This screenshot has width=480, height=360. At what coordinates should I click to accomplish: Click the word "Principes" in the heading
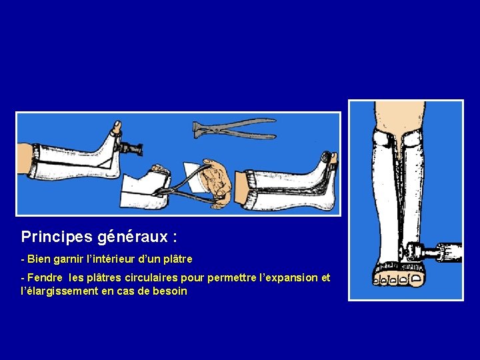pyautogui.click(x=57, y=237)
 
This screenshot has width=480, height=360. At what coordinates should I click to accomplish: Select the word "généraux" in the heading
pyautogui.click(x=133, y=237)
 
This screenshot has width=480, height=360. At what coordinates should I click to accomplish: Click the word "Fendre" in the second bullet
pyautogui.click(x=45, y=277)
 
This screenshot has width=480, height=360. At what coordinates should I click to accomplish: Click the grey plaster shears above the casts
pyautogui.click(x=234, y=129)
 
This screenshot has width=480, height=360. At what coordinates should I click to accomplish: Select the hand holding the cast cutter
pyautogui.click(x=215, y=183)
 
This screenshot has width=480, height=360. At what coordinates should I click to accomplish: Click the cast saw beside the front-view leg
pyautogui.click(x=433, y=251)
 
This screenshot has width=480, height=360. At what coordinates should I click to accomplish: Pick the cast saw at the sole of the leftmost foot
pyautogui.click(x=130, y=148)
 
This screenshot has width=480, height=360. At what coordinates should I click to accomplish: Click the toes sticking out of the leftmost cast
pyautogui.click(x=117, y=127)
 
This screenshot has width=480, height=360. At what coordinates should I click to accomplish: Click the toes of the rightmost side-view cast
pyautogui.click(x=329, y=158)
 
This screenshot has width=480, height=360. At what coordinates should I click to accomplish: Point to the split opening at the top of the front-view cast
pyautogui.click(x=399, y=144)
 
